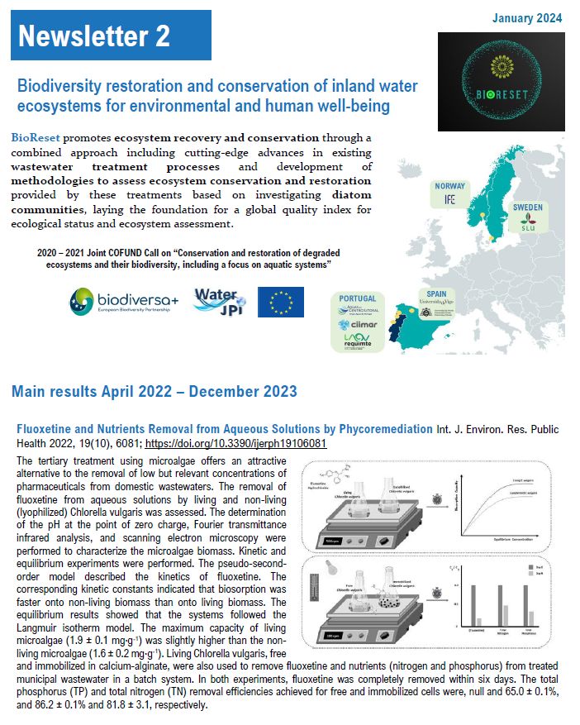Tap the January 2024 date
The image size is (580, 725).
pos(527,18)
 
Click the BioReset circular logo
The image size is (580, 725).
pos(501,82)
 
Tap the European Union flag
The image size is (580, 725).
pos(280,302)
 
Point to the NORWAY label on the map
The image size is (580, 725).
pos(449,186)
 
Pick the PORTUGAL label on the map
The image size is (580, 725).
pos(358,298)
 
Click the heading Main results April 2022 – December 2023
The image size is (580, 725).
pos(155,391)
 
